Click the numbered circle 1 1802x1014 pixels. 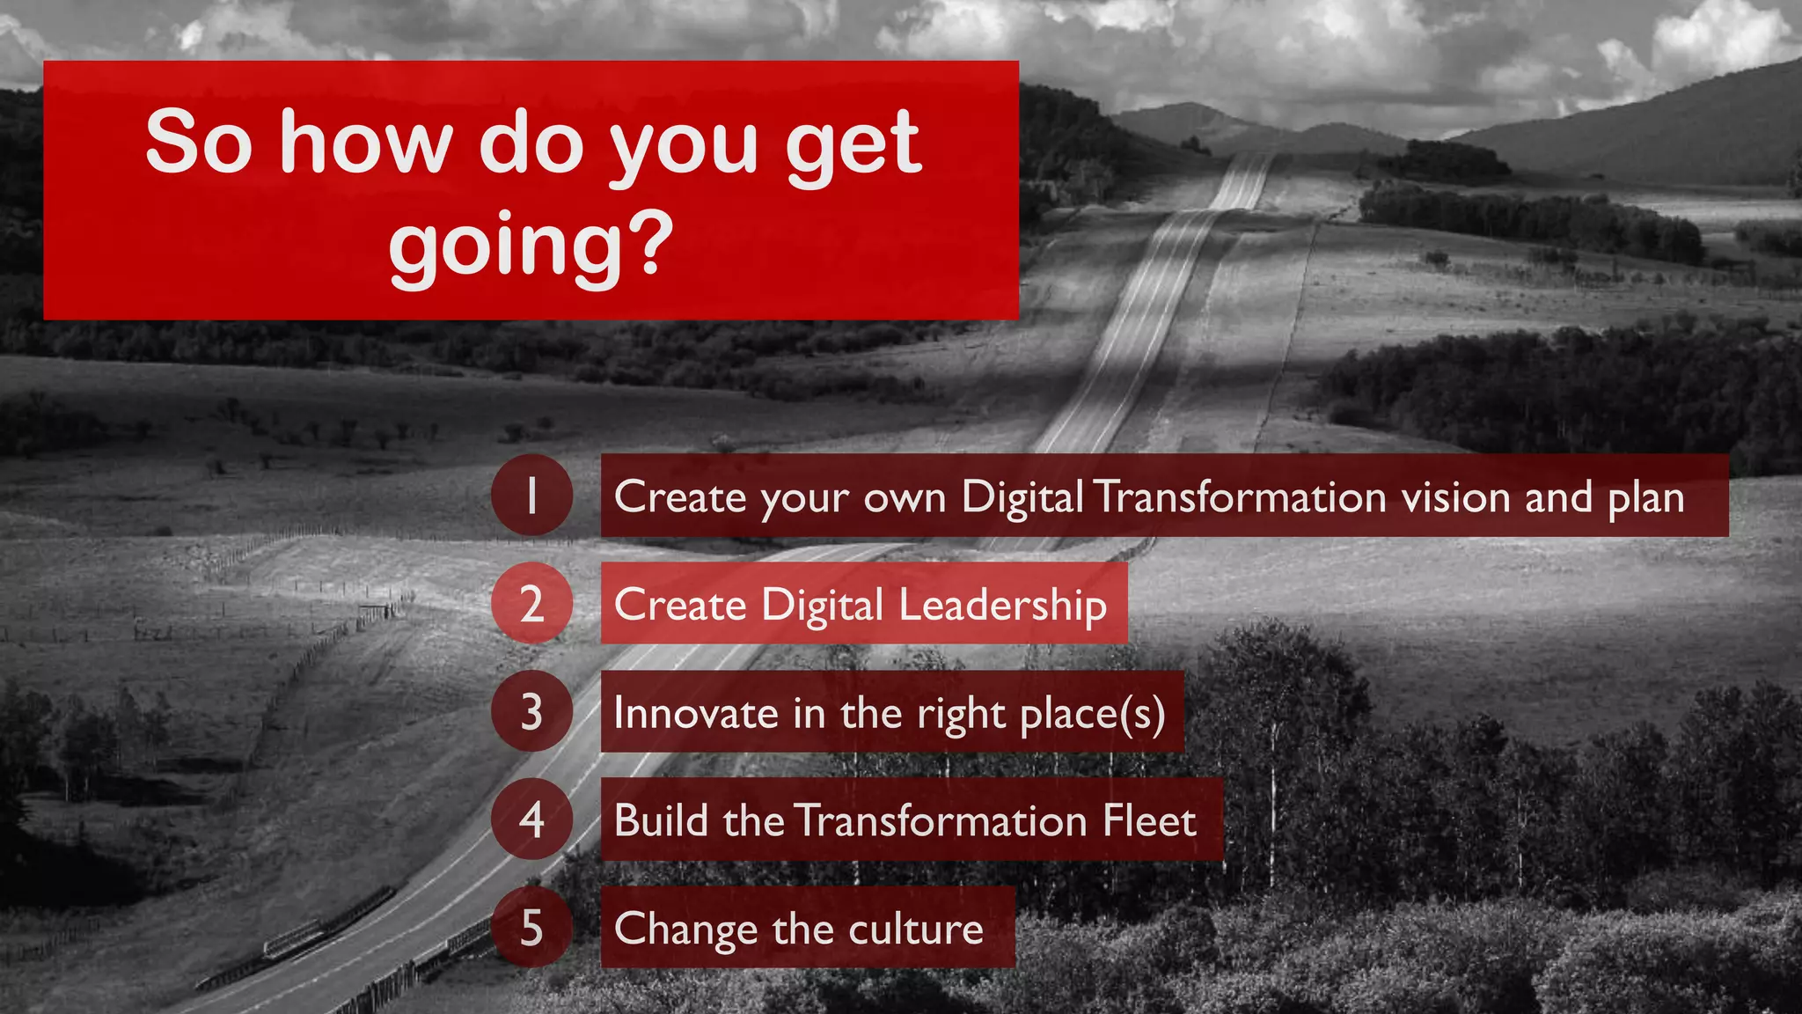coord(531,496)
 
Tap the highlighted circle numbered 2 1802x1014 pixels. coord(531,604)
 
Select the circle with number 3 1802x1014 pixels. coord(531,711)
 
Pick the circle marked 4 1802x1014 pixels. coord(531,819)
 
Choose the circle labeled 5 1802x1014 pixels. coord(531,928)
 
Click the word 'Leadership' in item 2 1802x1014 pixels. coord(1002,606)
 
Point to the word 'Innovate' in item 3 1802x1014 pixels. coord(695,713)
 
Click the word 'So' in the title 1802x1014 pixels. coord(199,143)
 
